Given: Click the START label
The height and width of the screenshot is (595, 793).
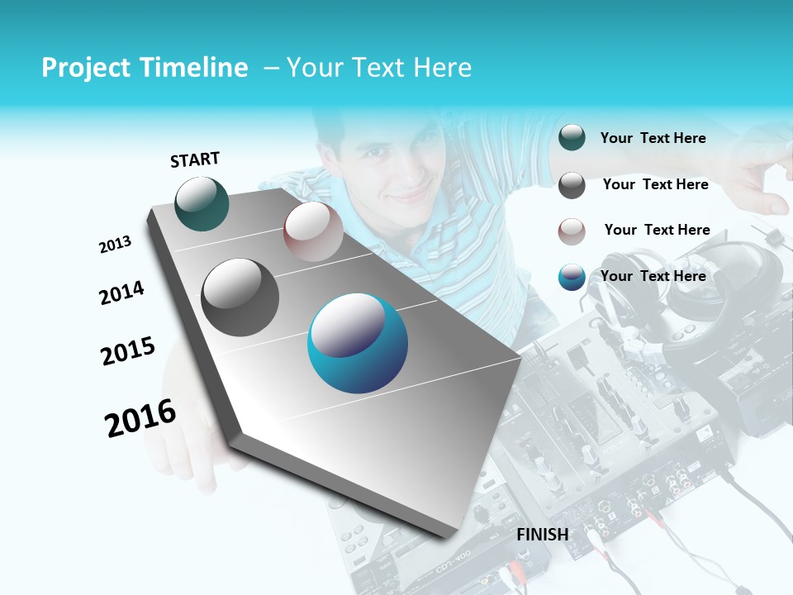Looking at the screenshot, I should pos(195,159).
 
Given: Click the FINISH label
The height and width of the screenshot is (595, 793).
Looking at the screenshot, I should pos(543,535).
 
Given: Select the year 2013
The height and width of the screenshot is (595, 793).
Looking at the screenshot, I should pos(116,245).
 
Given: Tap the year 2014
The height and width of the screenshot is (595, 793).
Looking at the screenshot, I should pos(122,293).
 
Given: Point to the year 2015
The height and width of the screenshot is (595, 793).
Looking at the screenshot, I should pos(128,351).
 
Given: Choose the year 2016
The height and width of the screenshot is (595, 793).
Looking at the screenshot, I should pos(140,418).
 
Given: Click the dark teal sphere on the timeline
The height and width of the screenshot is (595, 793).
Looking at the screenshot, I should pos(202,203).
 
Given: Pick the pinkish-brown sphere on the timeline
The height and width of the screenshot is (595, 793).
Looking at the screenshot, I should pos(313,231).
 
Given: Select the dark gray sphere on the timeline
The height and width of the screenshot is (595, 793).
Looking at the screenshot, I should pos(240,297).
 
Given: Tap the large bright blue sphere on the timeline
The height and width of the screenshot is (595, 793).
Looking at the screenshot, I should pos(358,343).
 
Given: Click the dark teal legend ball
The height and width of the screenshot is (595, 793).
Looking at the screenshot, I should pos(572,137).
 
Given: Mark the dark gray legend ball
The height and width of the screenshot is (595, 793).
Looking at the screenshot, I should pos(572,185).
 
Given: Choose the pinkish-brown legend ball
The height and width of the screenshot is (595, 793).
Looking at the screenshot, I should pos(572,231).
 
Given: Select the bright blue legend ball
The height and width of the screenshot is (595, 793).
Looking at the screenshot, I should pos(572,277).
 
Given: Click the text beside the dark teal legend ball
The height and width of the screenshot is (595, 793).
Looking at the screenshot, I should pos(653,138).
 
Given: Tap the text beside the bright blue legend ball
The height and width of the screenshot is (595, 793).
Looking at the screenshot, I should pos(653,276).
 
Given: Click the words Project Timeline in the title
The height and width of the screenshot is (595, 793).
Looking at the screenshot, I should pos(145,68).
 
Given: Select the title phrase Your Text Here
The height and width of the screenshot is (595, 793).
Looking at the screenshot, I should pos(379,68).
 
